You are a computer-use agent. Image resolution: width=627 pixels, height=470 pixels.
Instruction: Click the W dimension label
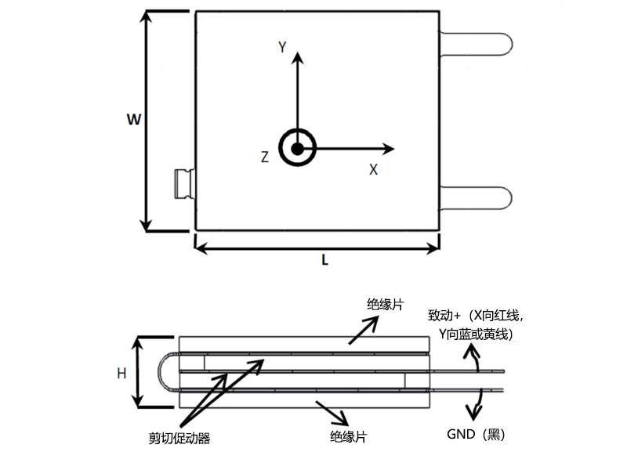coord(133,120)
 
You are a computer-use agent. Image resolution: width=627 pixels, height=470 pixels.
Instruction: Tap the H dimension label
coord(121,374)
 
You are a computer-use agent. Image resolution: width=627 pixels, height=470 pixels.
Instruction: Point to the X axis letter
coord(374,169)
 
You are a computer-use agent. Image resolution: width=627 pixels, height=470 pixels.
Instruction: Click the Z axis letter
coord(265,157)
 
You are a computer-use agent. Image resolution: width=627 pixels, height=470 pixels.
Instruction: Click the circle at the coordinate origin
coord(298,148)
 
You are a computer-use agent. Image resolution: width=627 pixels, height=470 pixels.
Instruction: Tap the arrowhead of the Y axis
coord(298,59)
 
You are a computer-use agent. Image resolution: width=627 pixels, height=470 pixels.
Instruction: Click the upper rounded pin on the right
coord(477,42)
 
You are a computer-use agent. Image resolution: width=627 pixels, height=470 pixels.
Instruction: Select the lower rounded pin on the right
coord(477,199)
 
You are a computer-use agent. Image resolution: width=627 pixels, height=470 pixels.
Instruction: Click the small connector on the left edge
coord(185,183)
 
